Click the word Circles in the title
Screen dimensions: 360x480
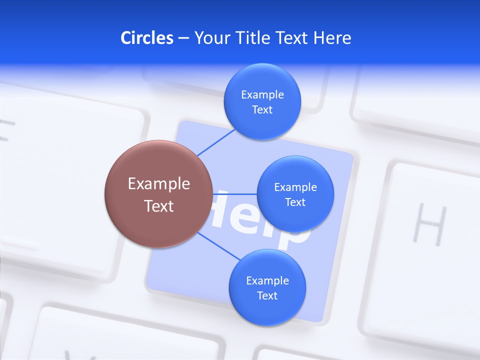[146, 38]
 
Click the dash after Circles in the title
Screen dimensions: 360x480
[183, 38]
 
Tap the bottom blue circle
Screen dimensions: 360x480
[267, 312]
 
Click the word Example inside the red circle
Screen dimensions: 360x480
[158, 183]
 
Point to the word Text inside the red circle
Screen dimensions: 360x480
[158, 205]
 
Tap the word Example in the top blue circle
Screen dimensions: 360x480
[262, 94]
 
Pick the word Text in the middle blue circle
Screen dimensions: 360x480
[295, 202]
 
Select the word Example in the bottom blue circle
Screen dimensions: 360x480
[267, 280]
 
